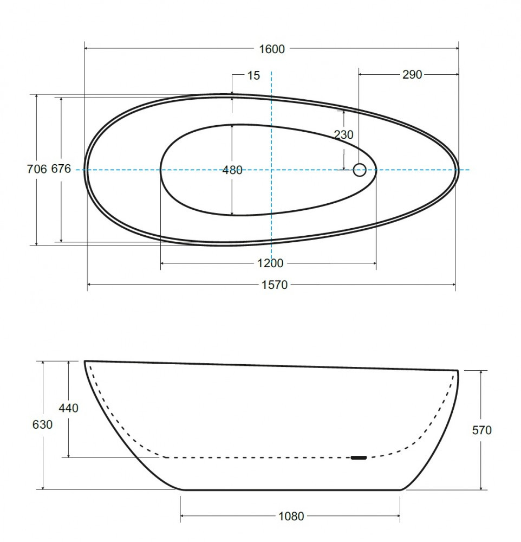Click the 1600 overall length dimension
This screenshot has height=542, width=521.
coord(272,49)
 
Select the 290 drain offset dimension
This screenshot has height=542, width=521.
coord(412,74)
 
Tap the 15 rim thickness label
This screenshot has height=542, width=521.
coord(253,75)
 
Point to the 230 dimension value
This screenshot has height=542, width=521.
coord(344,134)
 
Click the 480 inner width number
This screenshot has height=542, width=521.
coord(232,170)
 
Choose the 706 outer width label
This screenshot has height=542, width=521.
coord(37,169)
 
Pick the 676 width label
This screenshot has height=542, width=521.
coord(61,169)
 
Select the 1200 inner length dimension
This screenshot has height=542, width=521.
coord(270,263)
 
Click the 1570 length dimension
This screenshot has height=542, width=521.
coord(275,285)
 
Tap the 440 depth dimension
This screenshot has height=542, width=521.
coord(68,408)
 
